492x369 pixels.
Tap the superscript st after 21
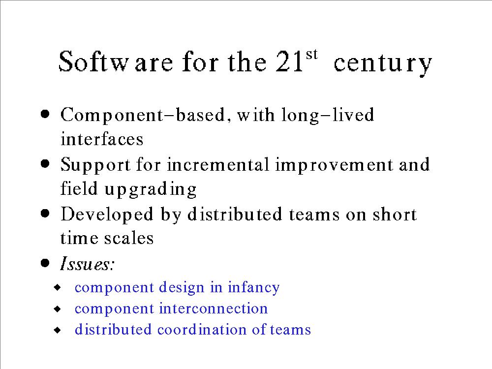tap(311, 54)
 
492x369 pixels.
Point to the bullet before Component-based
tap(45, 114)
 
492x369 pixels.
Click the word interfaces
tap(102, 139)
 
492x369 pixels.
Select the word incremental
tap(218, 164)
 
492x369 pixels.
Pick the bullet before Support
tap(45, 164)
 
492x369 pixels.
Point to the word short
tap(395, 214)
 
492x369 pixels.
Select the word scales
tap(128, 238)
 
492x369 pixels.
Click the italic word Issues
tap(87, 263)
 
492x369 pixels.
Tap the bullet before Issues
tap(45, 263)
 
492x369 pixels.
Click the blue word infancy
tap(253, 288)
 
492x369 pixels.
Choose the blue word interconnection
tap(214, 308)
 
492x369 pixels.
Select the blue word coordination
tap(201, 330)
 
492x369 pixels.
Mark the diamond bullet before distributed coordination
tap(58, 330)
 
